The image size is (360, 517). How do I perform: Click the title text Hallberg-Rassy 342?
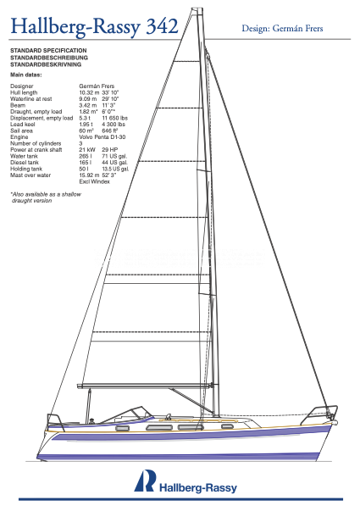95,26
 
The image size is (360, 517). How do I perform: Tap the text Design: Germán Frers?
282,29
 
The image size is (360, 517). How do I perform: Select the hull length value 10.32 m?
89,92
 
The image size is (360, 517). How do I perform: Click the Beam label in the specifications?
18,105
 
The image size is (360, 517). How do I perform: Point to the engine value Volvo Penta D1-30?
102,136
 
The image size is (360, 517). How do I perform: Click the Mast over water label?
30,175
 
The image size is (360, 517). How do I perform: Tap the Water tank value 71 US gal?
114,156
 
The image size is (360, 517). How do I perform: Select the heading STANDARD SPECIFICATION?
48,51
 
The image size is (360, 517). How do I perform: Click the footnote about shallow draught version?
46,197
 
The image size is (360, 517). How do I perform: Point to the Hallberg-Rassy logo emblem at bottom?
145,481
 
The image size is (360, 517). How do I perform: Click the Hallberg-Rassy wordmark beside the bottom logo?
198,487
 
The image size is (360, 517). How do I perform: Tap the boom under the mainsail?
145,386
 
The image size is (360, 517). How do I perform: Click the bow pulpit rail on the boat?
319,414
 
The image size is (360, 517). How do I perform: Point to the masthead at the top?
197,9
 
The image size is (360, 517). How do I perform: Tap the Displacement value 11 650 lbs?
114,118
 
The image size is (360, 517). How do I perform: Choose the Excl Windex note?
94,181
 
